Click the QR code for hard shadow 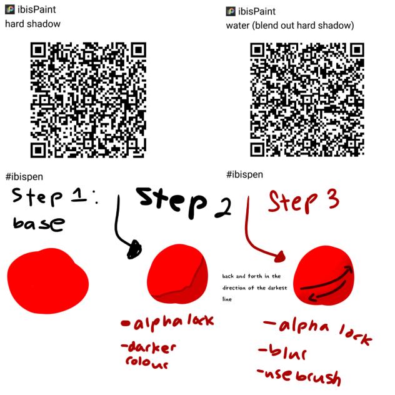(88, 100)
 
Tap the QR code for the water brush (307, 100)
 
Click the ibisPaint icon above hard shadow (10, 10)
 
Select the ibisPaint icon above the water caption (231, 11)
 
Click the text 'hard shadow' (32, 24)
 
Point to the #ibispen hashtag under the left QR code (24, 177)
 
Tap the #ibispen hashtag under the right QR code (244, 174)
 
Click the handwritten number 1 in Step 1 (79, 196)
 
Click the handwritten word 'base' (39, 224)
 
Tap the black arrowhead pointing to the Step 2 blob (134, 249)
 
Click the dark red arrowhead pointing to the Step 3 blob (279, 257)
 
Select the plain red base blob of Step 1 (48, 281)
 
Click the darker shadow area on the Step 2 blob (191, 287)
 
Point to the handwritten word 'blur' (282, 351)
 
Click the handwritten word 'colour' (147, 362)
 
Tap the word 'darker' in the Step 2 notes (149, 347)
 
